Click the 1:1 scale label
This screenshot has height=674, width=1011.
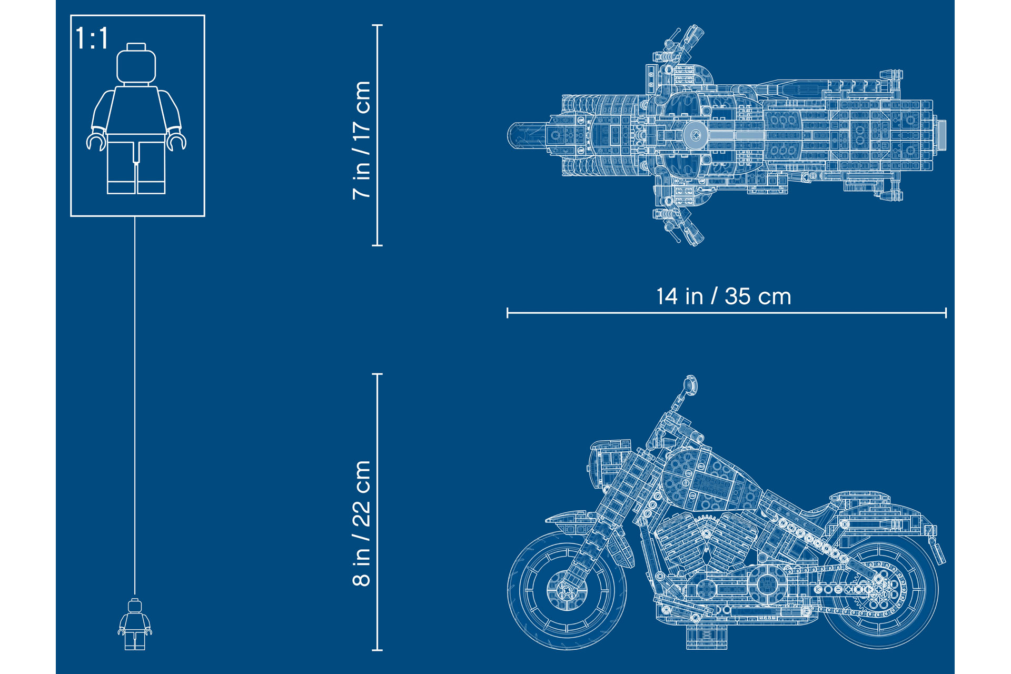coord(92,38)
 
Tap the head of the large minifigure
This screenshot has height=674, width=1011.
coord(136,64)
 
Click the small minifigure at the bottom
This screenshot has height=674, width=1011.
coord(135,624)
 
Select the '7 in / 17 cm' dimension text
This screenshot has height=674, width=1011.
coord(362,140)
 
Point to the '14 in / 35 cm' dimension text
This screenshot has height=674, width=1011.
coord(723,296)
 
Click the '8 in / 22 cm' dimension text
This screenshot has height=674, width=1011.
coord(362,523)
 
